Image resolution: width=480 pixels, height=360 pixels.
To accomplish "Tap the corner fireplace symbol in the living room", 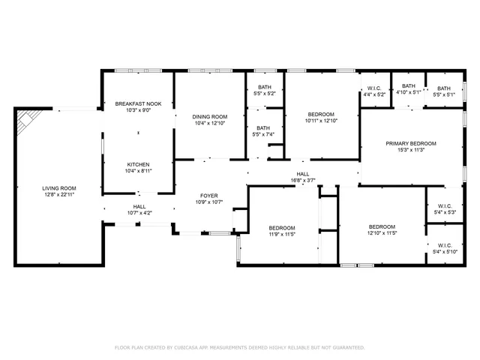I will pyautogui.click(x=27, y=118).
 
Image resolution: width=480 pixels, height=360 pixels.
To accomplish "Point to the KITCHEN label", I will pyautogui.click(x=138, y=164).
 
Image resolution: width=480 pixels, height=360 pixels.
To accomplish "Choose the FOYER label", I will pyautogui.click(x=208, y=195).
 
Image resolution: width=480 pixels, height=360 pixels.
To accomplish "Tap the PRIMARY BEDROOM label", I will pyautogui.click(x=410, y=143).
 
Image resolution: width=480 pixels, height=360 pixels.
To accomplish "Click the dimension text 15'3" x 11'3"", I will pyautogui.click(x=410, y=150).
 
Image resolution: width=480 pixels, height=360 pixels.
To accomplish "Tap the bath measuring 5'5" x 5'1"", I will pyautogui.click(x=444, y=88).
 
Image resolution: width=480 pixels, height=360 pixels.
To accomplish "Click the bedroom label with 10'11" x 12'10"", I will pyautogui.click(x=322, y=113).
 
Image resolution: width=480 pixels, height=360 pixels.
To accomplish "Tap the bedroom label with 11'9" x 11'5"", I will pyautogui.click(x=282, y=228).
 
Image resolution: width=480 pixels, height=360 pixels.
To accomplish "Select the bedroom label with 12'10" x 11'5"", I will pyautogui.click(x=382, y=227).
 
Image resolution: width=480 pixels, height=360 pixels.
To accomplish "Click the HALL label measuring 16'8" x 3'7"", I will pyautogui.click(x=302, y=174).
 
